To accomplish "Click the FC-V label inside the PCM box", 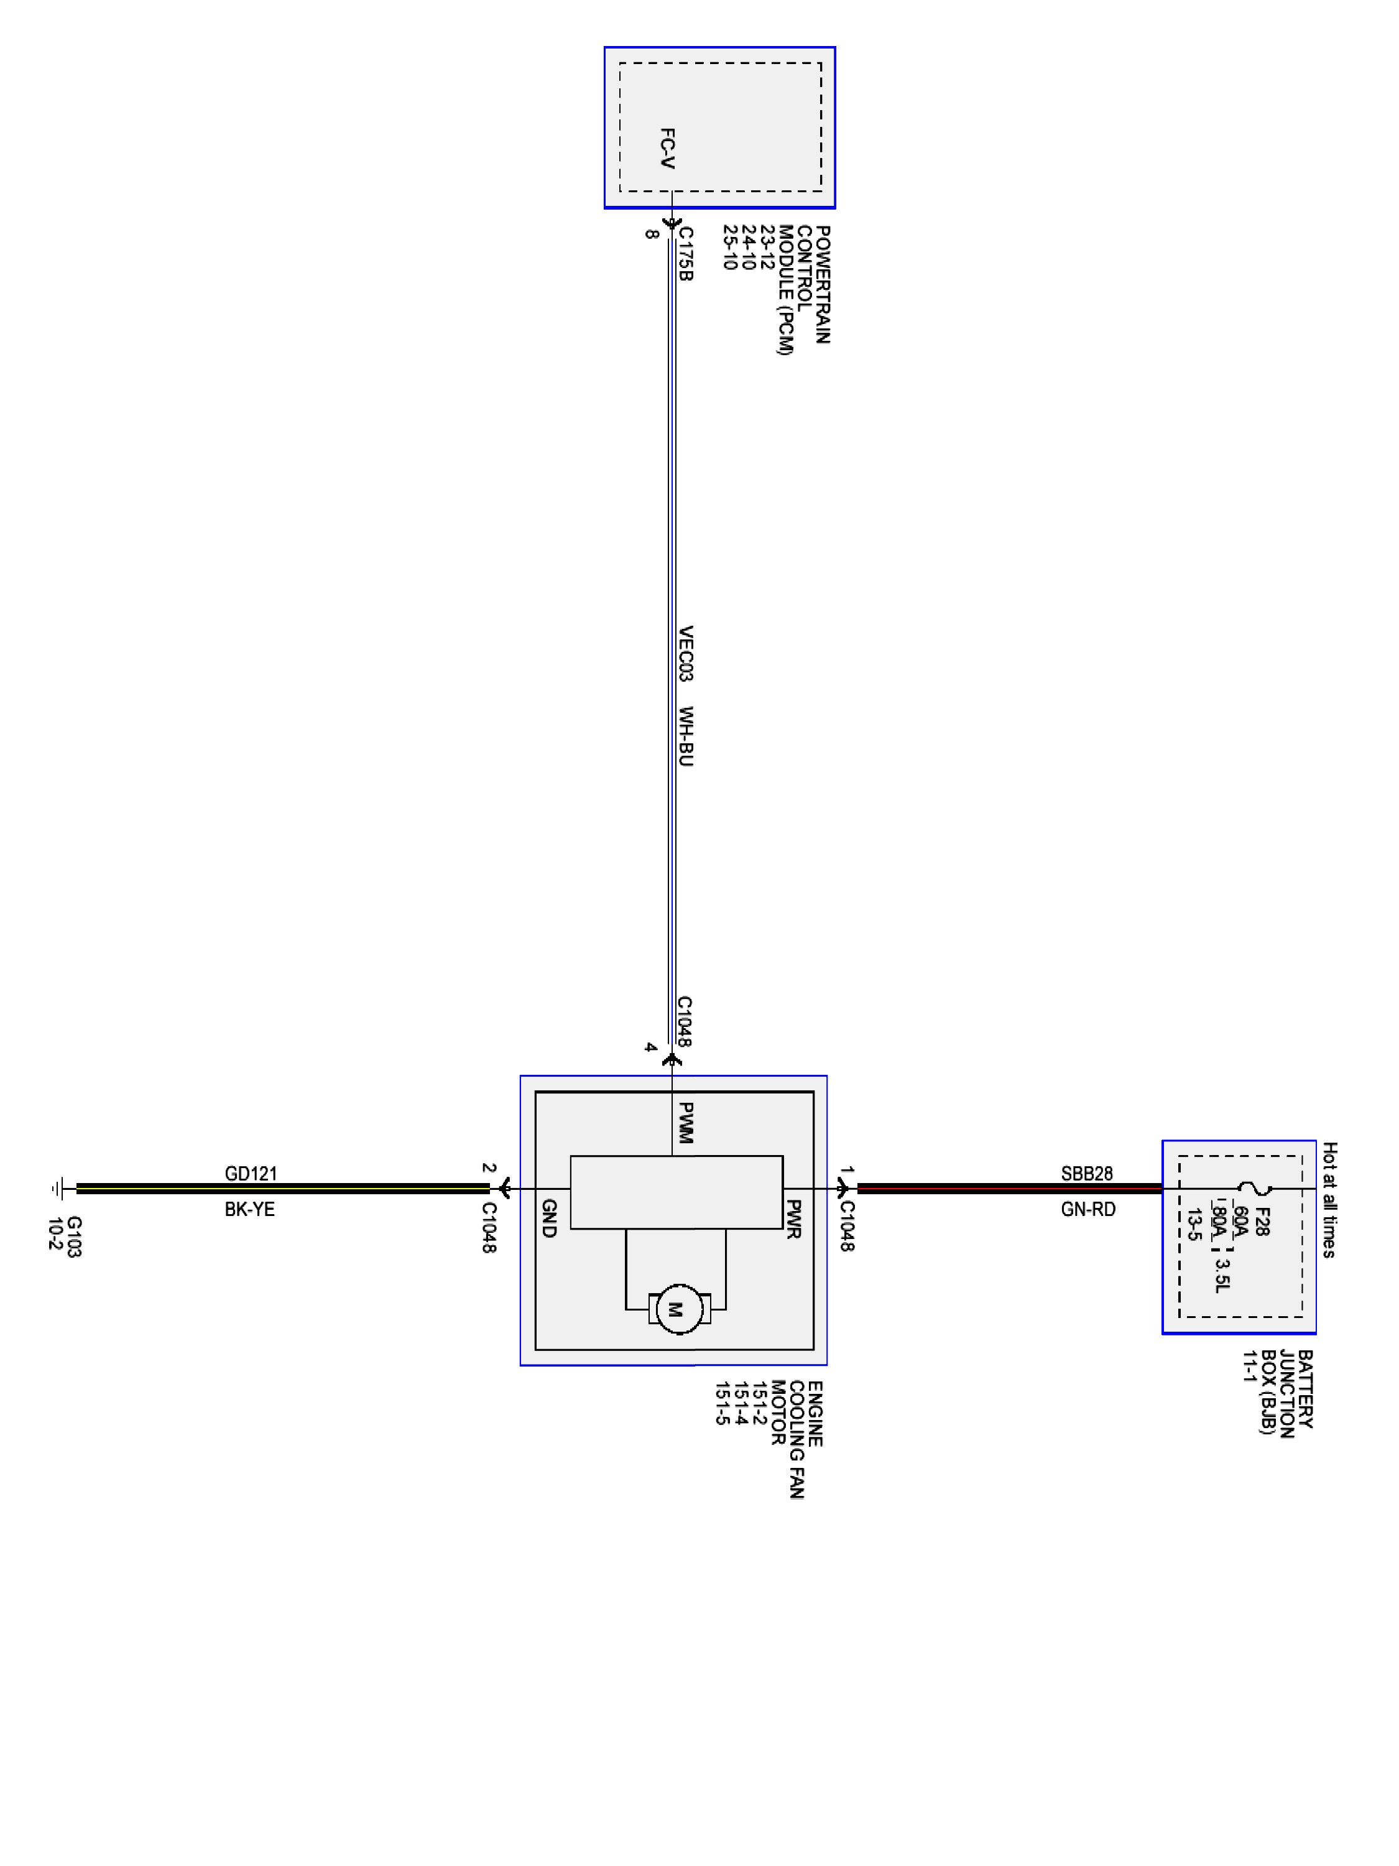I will [667, 149].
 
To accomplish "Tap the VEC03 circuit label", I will [686, 654].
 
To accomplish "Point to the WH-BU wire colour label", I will [686, 736].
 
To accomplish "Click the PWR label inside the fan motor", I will [793, 1219].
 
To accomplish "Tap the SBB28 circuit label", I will [1086, 1174].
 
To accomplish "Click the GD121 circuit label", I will [251, 1174].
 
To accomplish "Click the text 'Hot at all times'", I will [1329, 1200].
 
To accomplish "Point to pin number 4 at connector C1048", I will [650, 1047].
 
